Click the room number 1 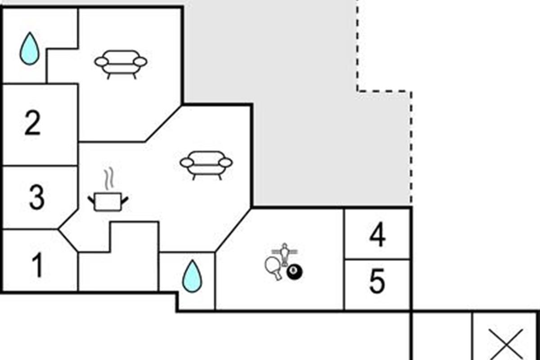(38, 265)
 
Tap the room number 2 (32, 123)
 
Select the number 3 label (36, 197)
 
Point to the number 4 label (377, 234)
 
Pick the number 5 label (377, 281)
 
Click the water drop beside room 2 (30, 49)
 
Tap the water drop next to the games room (192, 276)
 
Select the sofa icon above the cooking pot (121, 65)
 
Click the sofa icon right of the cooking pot (207, 166)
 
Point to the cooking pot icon (108, 202)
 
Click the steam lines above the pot (109, 179)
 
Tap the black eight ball (294, 272)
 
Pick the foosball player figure (285, 254)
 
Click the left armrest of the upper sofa (101, 62)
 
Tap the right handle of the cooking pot (125, 200)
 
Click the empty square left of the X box (442, 336)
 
